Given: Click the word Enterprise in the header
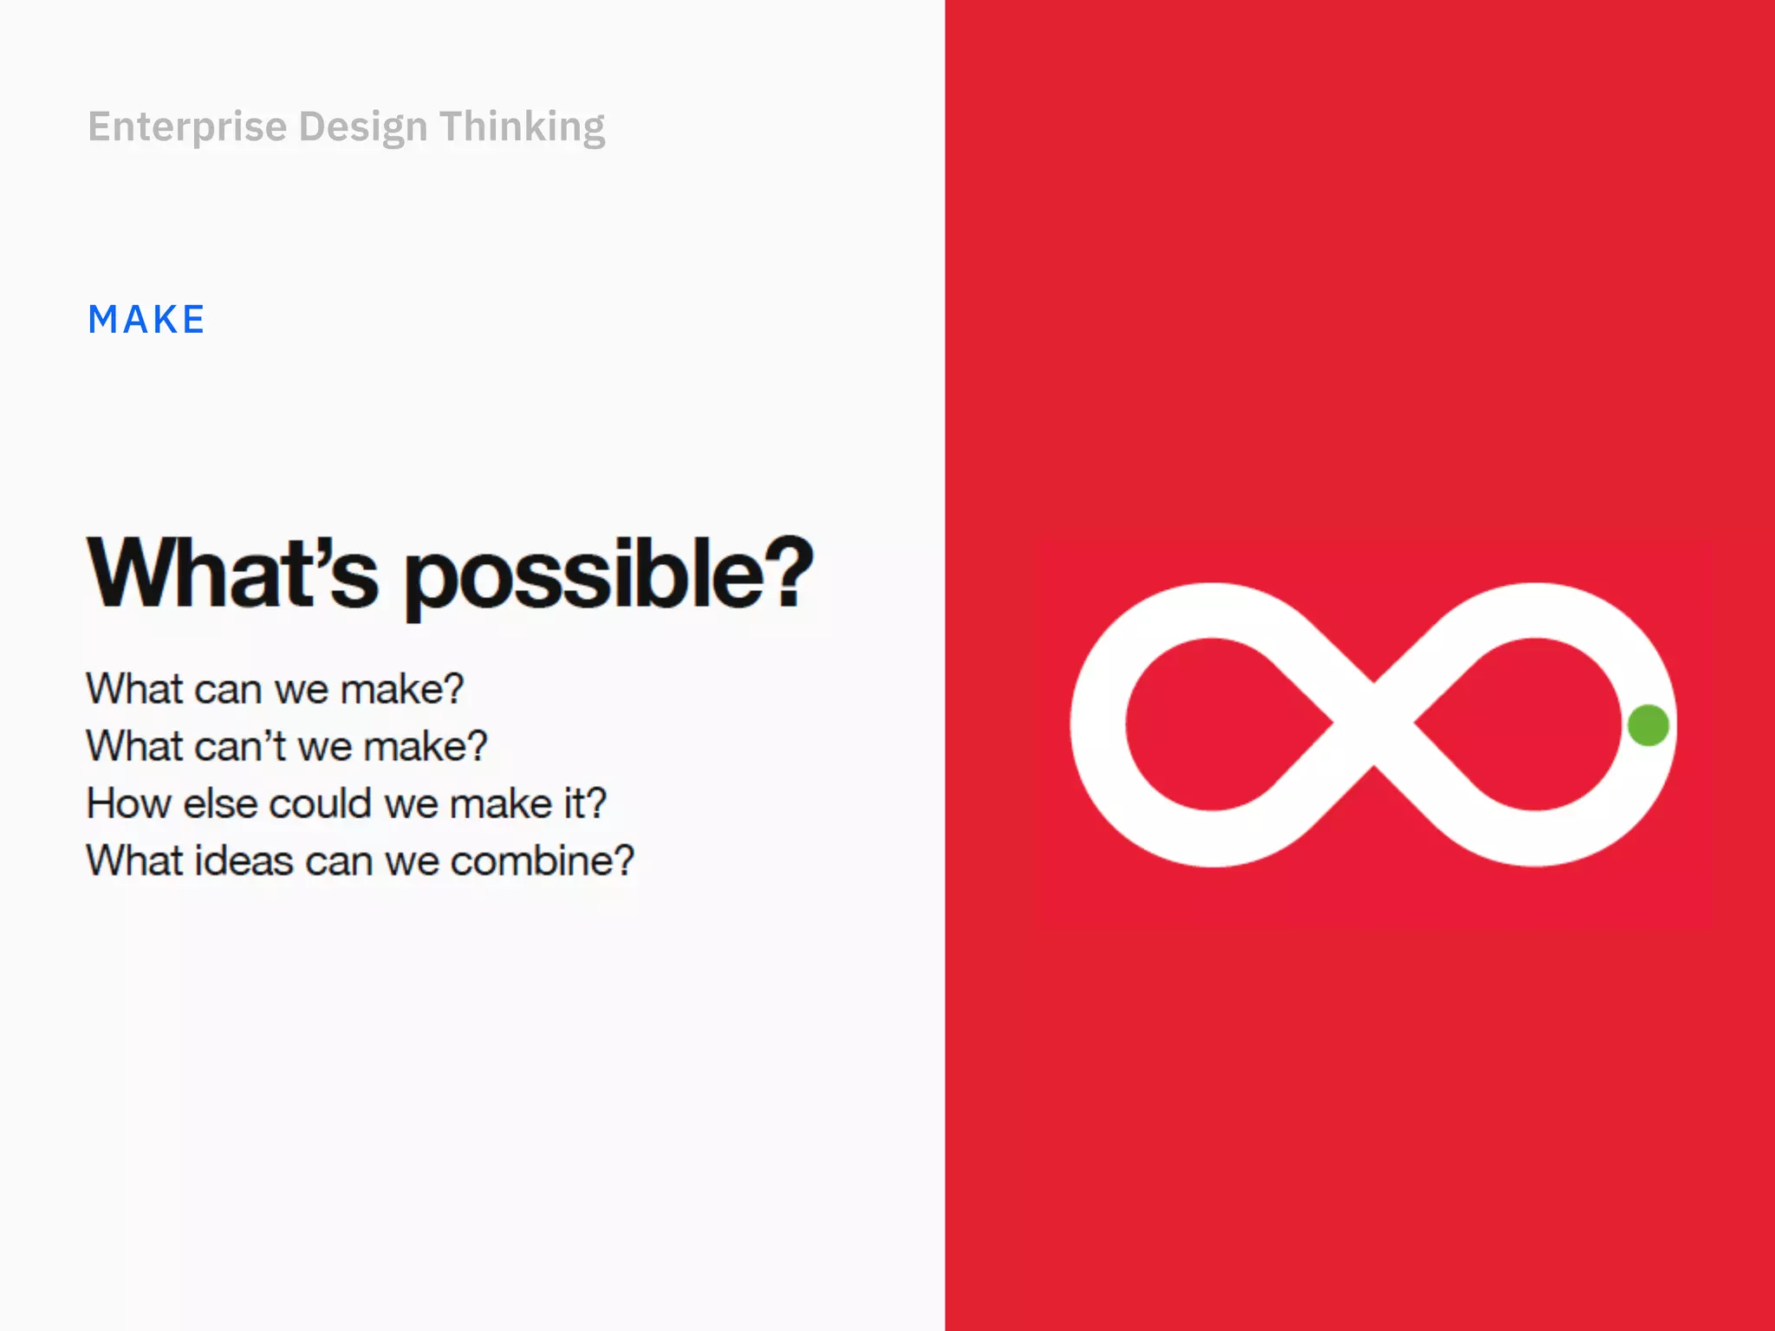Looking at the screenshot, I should coord(187,127).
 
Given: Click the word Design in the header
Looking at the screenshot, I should coord(363,127).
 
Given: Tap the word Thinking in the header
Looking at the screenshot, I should coord(522,127).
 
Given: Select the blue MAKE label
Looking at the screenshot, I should coord(146,320).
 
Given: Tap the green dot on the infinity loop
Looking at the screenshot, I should coord(1648,725).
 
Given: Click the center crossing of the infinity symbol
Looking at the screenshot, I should coord(1374,724).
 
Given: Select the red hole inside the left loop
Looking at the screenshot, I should coord(1213,724).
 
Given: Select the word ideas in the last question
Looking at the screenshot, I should coord(244,861).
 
